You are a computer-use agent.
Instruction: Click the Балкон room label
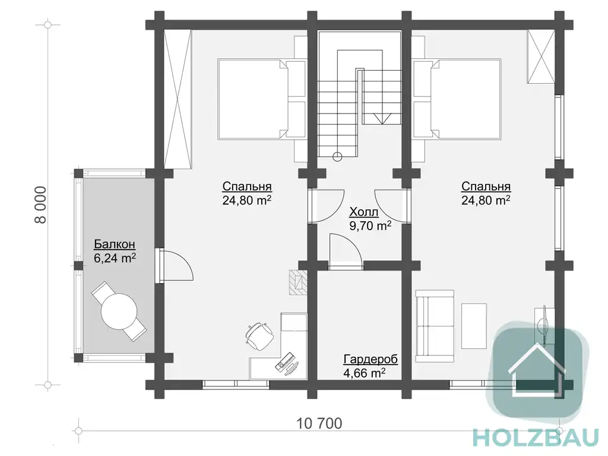coord(115,244)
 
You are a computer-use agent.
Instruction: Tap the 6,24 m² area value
coord(115,258)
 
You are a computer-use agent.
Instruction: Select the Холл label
coord(364,212)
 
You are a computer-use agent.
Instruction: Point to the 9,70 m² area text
coord(370,226)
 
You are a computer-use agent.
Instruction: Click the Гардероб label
coord(370,359)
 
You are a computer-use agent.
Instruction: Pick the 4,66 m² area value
coord(364,373)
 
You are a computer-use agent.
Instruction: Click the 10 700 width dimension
coord(319,423)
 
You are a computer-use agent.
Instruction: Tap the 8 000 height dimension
coord(40,205)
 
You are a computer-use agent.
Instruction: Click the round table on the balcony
coord(119,311)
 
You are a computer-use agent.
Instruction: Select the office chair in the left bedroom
coord(259,335)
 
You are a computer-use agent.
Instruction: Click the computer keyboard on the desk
coord(284,361)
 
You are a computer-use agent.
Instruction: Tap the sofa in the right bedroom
coord(434,326)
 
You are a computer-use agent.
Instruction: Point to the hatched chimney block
coord(298,283)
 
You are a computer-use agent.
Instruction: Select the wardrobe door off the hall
coord(346,251)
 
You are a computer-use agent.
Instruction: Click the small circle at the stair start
coord(337,157)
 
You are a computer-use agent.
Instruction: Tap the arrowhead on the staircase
coord(382,118)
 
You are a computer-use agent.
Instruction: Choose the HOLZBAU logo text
coord(537,439)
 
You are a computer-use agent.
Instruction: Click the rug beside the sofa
coord(474,326)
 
